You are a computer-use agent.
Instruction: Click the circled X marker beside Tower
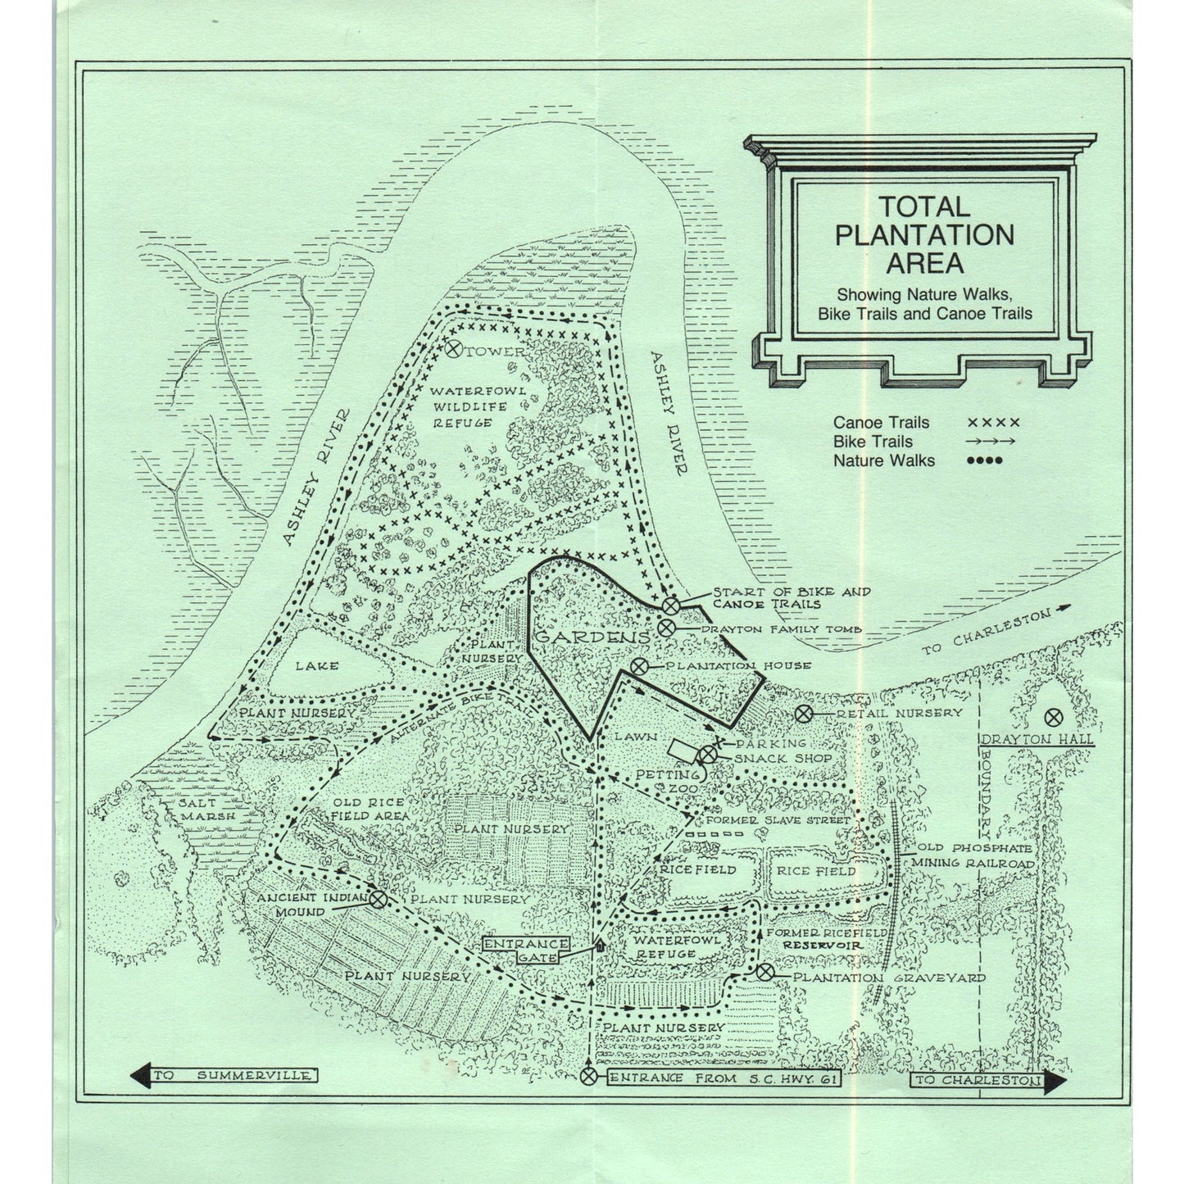tap(451, 347)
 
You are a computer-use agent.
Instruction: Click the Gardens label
tap(593, 637)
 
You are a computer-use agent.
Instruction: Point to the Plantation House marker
tap(639, 666)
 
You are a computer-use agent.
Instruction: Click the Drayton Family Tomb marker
tap(665, 628)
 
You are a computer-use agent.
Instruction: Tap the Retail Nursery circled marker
tap(805, 714)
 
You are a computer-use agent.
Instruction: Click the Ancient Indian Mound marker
tap(378, 899)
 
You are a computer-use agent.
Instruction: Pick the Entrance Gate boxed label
tap(525, 950)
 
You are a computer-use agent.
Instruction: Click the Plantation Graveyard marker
tap(764, 973)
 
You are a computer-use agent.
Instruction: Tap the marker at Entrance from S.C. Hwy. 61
tap(589, 1077)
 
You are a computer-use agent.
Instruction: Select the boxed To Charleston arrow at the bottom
tap(987, 1081)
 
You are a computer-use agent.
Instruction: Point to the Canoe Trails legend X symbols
tap(993, 423)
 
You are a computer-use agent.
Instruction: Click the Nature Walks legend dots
tap(984, 460)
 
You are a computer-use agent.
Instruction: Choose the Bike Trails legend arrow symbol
tap(991, 442)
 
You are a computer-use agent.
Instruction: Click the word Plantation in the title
tap(923, 235)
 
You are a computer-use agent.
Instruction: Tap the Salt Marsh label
tap(207, 810)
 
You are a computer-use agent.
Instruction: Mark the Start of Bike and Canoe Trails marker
tap(671, 605)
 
